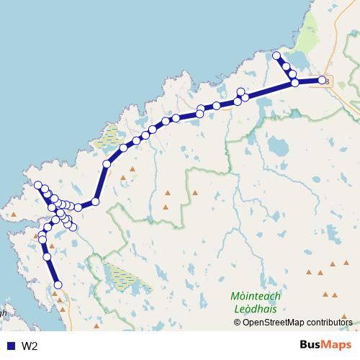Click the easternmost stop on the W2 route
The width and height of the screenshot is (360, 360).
(322, 80)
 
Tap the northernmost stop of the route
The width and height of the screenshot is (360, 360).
(277, 55)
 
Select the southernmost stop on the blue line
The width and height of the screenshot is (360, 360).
(58, 285)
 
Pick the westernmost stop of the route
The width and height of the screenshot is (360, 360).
(37, 186)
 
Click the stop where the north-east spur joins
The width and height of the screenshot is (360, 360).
(294, 83)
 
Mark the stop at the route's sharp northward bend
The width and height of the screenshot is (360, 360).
(95, 202)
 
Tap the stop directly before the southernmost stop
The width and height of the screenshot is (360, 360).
(47, 256)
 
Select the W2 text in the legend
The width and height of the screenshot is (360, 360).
(30, 346)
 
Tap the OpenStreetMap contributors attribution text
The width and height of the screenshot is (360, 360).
(297, 322)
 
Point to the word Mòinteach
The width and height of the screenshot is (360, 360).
(256, 297)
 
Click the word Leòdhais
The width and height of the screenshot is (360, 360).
(256, 310)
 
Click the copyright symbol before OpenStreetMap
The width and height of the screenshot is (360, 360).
(238, 322)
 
